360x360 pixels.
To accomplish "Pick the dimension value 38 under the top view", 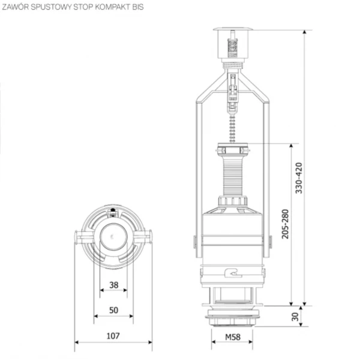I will pos(114,285).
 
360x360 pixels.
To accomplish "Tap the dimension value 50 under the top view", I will pos(114,310).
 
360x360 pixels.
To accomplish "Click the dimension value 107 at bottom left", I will pos(114,336).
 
